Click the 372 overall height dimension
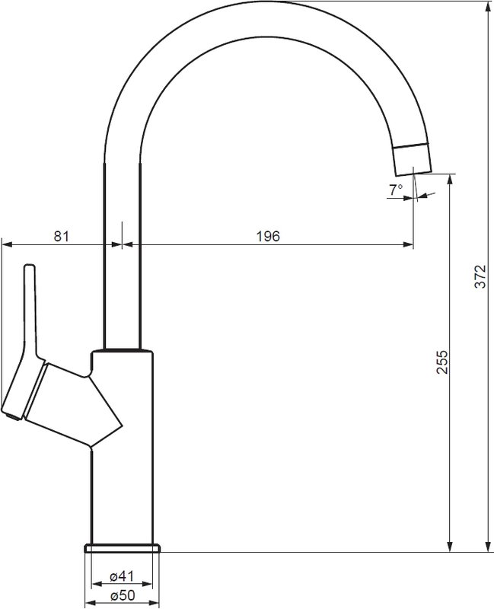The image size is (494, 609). [x=481, y=276]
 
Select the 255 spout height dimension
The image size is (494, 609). [x=442, y=362]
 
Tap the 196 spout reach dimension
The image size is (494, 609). [x=268, y=236]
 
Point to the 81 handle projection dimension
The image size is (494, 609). [x=62, y=236]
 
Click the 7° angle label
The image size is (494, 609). [x=396, y=190]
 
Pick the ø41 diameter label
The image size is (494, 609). [x=122, y=576]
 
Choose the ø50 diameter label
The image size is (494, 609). [x=122, y=595]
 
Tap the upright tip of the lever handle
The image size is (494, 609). [x=30, y=268]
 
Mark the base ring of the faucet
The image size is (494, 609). [x=122, y=548]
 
